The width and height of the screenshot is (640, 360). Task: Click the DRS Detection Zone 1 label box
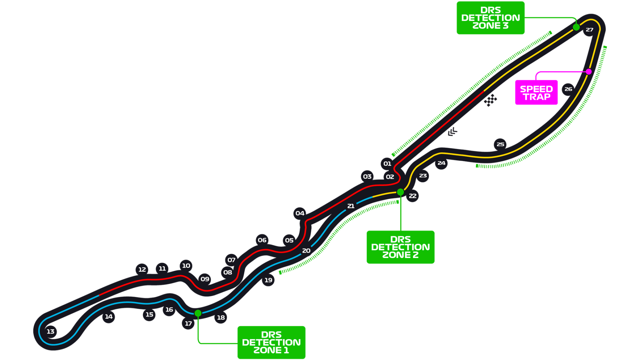(271, 342)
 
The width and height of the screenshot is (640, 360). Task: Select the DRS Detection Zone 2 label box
(400, 247)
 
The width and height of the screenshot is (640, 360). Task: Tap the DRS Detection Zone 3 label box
(490, 18)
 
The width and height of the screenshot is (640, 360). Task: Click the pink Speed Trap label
(536, 93)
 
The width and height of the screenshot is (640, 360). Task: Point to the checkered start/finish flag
(490, 100)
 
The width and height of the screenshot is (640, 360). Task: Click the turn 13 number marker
(50, 331)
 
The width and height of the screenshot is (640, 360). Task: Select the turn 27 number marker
(589, 30)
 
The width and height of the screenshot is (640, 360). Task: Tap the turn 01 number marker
(387, 164)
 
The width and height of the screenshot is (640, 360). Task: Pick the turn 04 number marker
(300, 213)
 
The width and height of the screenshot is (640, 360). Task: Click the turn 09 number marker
(205, 279)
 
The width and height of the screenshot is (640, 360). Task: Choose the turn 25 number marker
(500, 144)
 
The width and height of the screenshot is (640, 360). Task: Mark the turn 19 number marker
(268, 280)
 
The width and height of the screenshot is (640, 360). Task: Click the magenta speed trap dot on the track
(589, 72)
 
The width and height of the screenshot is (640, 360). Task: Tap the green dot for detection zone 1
(198, 313)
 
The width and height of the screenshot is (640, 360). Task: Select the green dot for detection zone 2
(400, 192)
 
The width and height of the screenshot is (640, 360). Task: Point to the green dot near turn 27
(576, 27)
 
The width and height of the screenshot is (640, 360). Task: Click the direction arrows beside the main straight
(452, 132)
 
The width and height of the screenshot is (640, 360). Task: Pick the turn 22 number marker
(412, 196)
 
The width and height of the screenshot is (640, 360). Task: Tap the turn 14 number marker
(109, 317)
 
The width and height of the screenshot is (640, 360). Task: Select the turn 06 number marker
(262, 240)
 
